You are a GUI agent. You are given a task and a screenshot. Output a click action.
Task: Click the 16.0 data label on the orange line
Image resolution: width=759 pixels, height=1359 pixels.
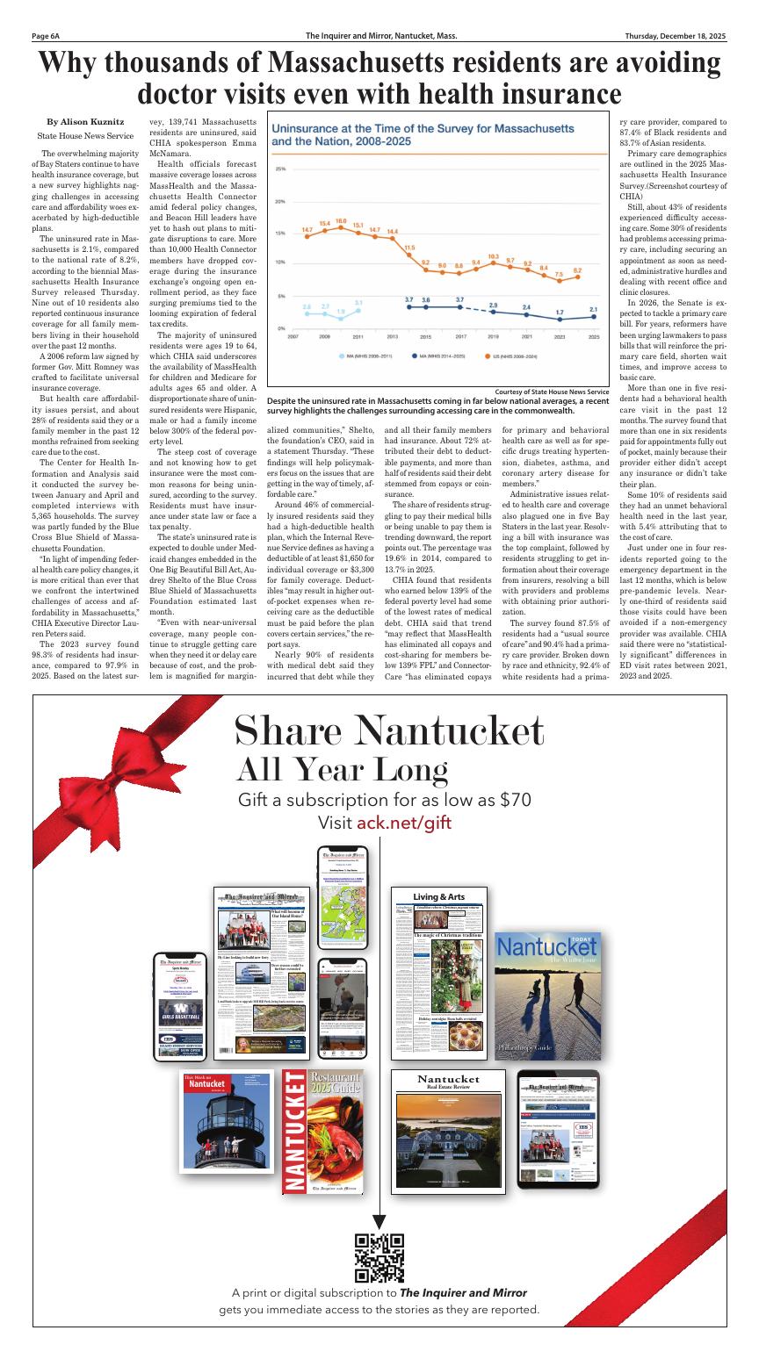point(341,221)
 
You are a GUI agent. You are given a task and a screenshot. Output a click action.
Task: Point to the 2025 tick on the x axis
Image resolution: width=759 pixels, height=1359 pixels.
point(594,336)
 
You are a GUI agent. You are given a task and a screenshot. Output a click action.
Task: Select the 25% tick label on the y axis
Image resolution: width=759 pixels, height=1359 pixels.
point(281,169)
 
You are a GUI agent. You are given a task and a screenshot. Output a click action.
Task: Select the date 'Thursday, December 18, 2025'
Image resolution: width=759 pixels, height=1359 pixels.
point(676,37)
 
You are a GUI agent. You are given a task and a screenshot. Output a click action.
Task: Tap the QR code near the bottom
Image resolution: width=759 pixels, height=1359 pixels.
point(379,1257)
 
